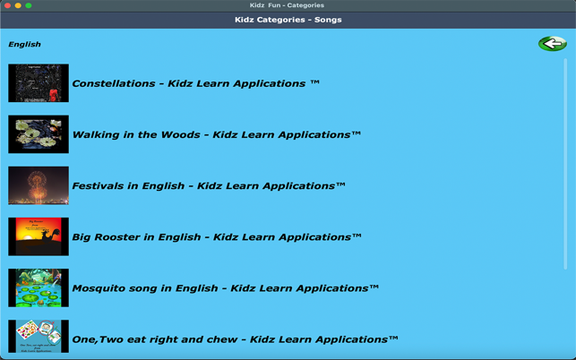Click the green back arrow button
point(552,43)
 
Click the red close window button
point(7,5)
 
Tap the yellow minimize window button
point(18,5)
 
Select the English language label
point(24,44)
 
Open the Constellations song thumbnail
point(39,83)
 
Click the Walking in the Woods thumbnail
point(39,134)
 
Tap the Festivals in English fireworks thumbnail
point(39,185)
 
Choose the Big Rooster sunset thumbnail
point(39,236)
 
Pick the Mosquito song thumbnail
point(39,287)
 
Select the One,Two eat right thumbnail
point(39,337)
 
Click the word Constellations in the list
point(114,83)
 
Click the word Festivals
point(101,186)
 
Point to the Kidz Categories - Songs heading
point(288,20)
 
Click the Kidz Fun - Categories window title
point(287,5)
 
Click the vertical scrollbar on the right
point(565,161)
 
